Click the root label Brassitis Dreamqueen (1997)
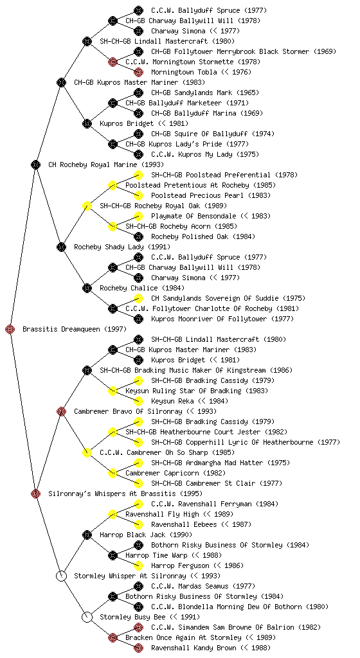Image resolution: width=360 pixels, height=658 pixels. coord(75,330)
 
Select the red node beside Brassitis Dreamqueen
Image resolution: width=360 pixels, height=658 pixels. coord(10,330)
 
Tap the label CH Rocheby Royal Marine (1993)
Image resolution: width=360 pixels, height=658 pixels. coord(106,165)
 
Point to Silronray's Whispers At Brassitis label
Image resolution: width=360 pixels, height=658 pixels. coord(125,494)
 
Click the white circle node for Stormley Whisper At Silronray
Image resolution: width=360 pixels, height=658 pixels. coord(61,576)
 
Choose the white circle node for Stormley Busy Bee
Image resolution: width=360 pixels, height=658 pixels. coord(87,618)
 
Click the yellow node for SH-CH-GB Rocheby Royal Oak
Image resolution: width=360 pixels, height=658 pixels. coord(87,206)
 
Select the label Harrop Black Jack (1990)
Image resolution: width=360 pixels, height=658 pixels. coord(146,535)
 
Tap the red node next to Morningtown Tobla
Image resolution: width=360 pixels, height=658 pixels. coord(138,72)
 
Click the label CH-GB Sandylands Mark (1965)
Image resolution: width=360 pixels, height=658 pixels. coord(205,93)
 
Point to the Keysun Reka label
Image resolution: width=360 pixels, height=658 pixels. coord(190,402)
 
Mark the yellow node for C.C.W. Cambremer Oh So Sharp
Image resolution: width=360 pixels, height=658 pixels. coord(87,453)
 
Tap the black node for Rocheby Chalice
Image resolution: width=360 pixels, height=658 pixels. coord(87,289)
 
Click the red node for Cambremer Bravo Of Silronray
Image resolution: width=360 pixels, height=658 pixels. coord(61,412)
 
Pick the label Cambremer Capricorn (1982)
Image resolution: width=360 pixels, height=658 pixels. coord(175,474)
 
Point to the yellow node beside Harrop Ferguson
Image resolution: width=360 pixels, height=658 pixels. coord(138,565)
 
